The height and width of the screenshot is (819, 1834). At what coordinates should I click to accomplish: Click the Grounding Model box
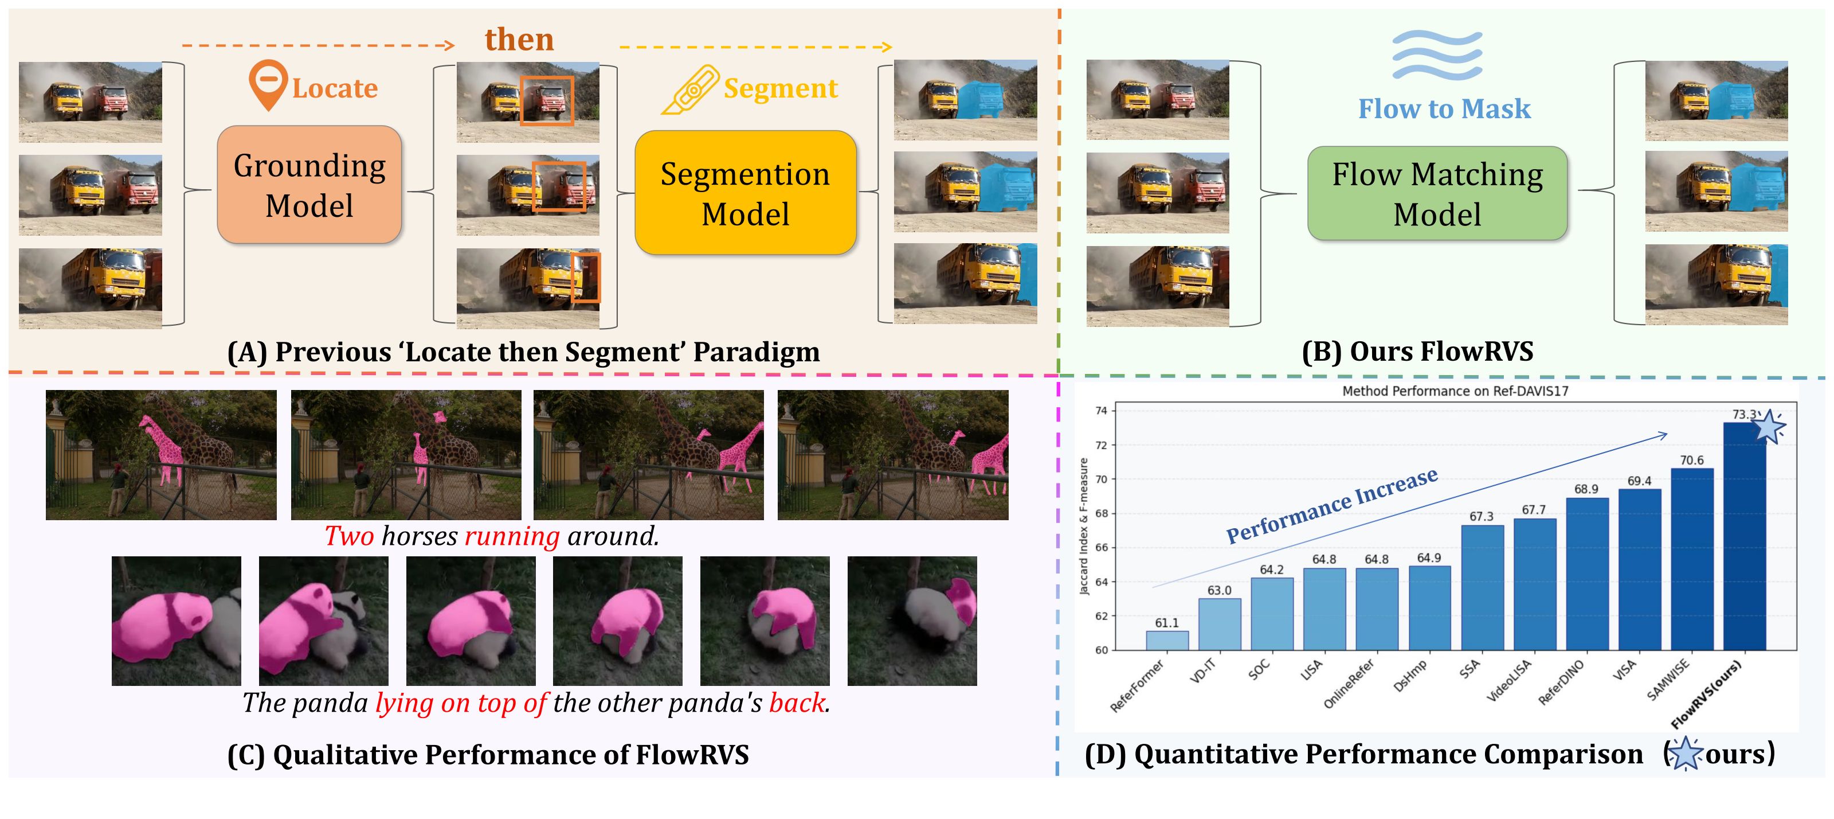(x=309, y=185)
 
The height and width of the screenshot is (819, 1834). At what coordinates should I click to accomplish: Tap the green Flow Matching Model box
(x=1437, y=193)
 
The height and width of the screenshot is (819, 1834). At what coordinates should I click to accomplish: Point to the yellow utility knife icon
(x=689, y=89)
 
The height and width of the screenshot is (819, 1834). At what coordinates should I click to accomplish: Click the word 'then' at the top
(x=519, y=38)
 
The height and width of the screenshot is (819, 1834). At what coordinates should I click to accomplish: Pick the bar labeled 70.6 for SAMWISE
(x=1692, y=559)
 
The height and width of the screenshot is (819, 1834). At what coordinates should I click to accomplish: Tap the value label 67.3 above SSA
(x=1481, y=516)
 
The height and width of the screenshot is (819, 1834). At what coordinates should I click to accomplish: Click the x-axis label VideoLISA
(x=1510, y=681)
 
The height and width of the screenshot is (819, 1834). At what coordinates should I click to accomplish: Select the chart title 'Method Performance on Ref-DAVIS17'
(x=1455, y=391)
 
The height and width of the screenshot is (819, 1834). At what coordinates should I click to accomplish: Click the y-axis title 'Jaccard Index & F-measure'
(x=1084, y=527)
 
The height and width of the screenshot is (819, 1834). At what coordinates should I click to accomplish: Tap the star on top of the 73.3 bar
(x=1769, y=427)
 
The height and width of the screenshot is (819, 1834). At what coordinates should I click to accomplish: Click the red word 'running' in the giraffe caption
(x=512, y=536)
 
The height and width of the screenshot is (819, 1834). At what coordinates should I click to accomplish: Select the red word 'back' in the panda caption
(x=797, y=703)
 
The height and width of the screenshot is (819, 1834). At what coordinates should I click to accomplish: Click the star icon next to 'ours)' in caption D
(x=1685, y=754)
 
